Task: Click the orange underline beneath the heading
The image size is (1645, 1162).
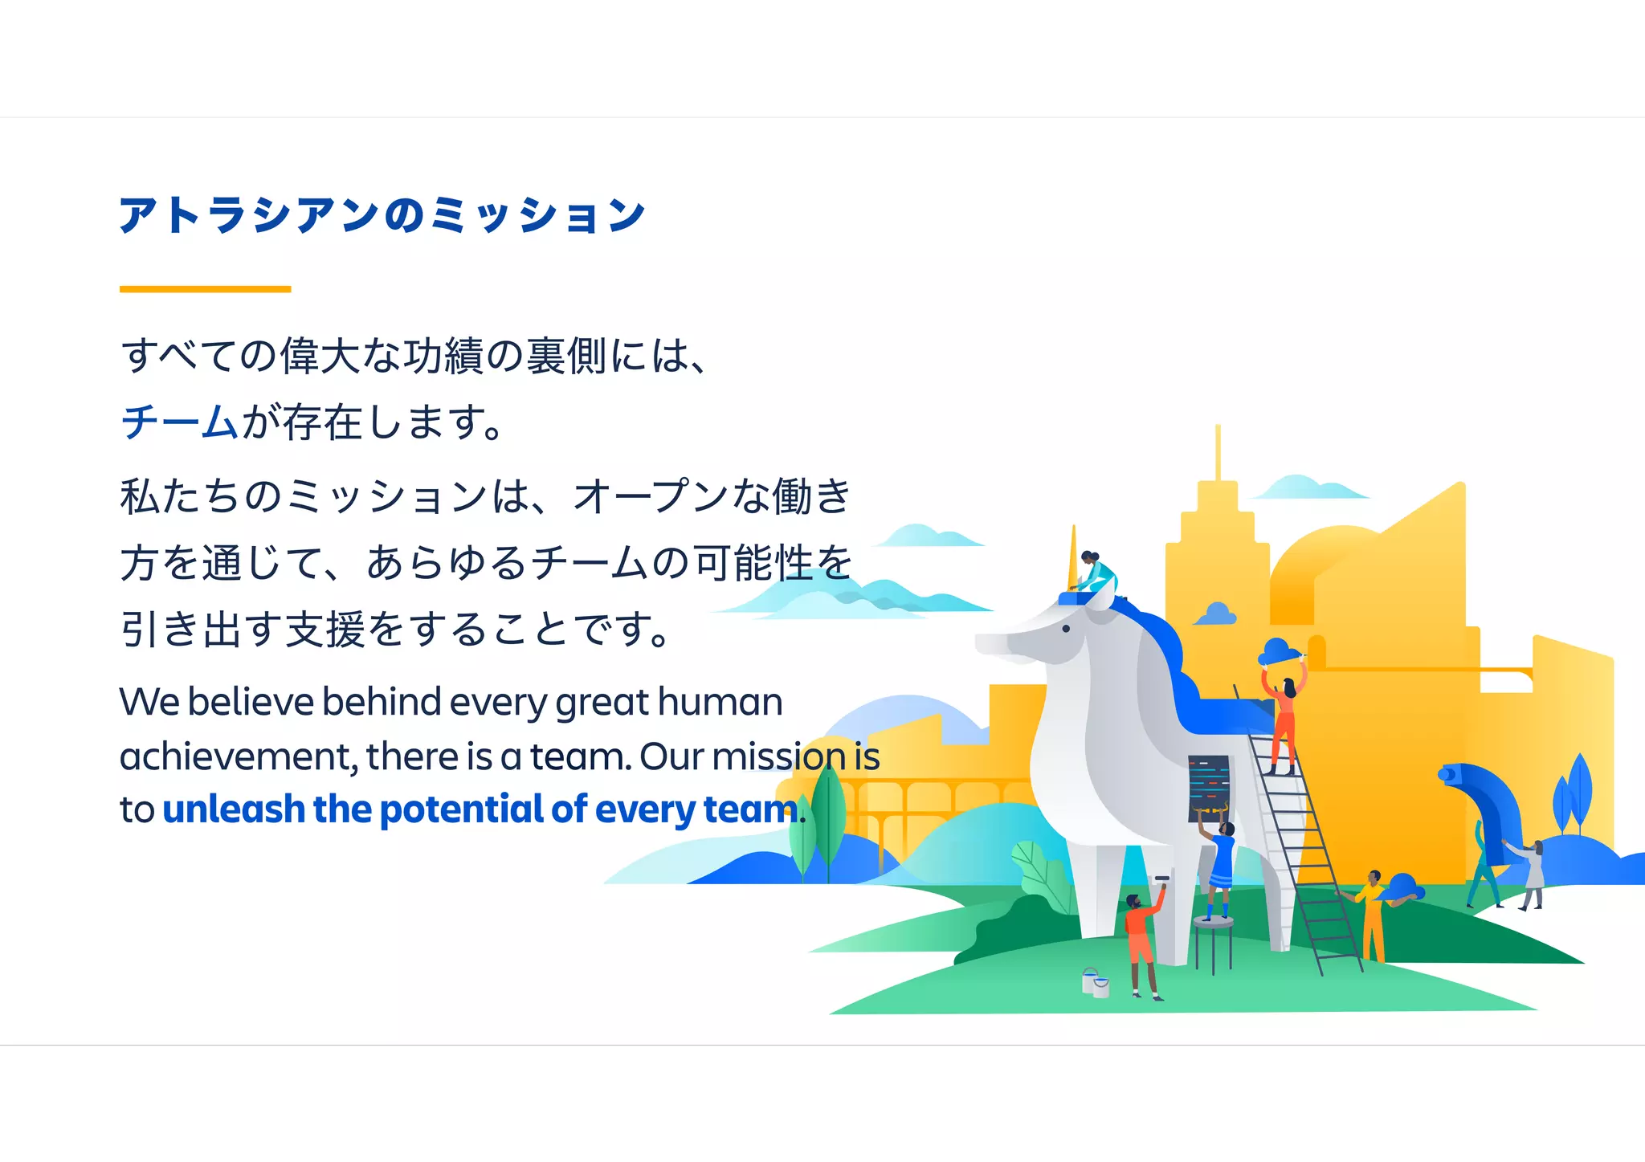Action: pyautogui.click(x=205, y=289)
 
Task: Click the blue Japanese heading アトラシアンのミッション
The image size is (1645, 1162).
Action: pyautogui.click(x=382, y=215)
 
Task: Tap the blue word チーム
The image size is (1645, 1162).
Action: pyautogui.click(x=178, y=422)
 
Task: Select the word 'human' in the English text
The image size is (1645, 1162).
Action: pyautogui.click(x=720, y=703)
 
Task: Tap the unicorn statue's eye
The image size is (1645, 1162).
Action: pyautogui.click(x=1066, y=629)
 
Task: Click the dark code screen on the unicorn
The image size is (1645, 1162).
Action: pyautogui.click(x=1209, y=787)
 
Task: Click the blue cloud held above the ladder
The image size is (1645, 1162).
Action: pyautogui.click(x=1280, y=651)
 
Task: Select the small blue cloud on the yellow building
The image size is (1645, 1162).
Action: pyautogui.click(x=1216, y=614)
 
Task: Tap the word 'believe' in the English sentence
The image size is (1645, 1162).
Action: pyautogui.click(x=251, y=703)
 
